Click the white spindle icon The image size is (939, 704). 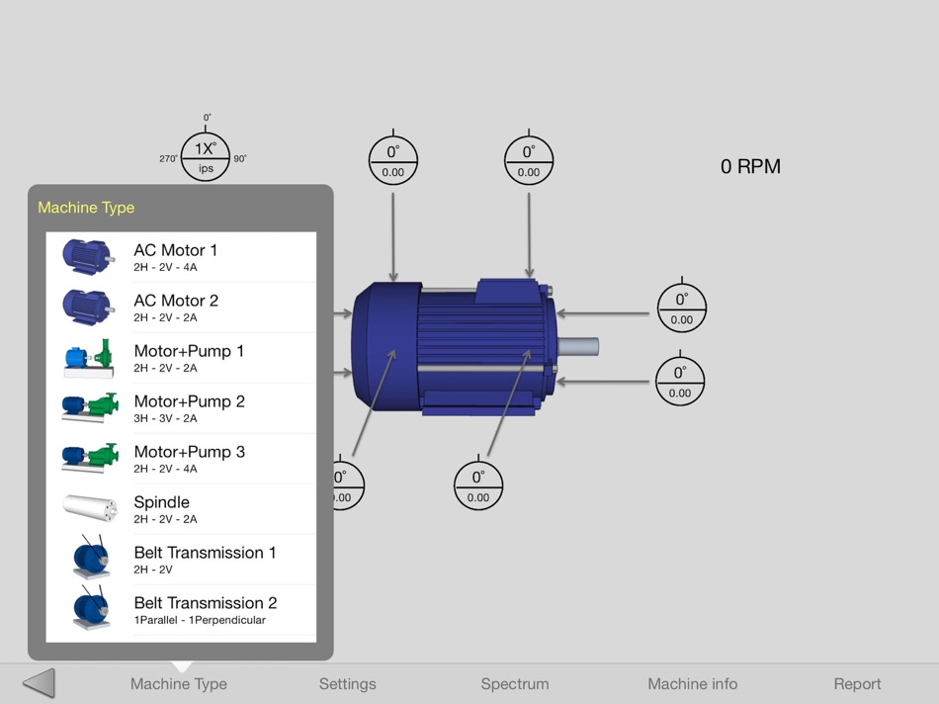[90, 507]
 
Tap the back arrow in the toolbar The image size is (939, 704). [39, 683]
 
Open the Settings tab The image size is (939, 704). [347, 684]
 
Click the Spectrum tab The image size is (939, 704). [515, 684]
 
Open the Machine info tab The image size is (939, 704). [692, 684]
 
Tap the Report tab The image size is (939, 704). [857, 684]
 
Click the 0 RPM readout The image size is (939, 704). [750, 167]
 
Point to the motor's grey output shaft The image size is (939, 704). [578, 347]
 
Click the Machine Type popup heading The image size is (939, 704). [86, 208]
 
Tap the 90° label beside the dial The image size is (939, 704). [240, 159]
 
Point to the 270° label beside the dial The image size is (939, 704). [168, 159]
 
